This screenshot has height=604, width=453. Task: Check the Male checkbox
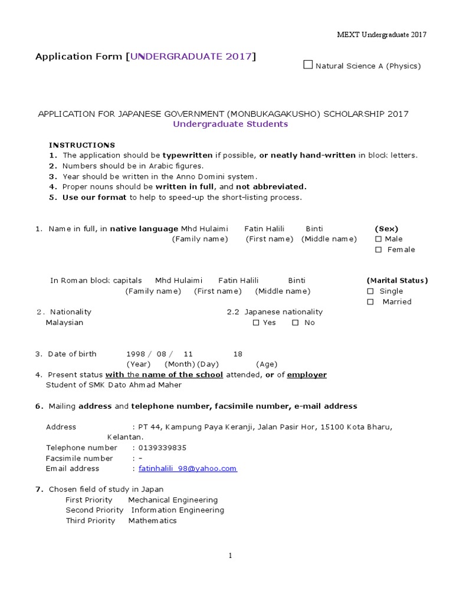tap(378, 239)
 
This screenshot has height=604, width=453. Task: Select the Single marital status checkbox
tap(370, 291)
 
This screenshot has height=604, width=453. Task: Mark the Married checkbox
tap(370, 302)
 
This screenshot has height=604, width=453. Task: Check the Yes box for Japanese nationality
tap(256, 323)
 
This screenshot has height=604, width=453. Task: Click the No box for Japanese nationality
tap(296, 323)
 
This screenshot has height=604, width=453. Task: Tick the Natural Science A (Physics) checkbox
tap(308, 65)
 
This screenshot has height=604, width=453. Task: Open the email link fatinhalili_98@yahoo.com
tap(188, 468)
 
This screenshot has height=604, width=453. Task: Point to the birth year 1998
tap(136, 354)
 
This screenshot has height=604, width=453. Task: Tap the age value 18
tap(238, 354)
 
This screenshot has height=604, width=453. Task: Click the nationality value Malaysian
tap(64, 323)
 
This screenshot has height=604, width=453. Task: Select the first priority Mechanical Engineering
tap(173, 500)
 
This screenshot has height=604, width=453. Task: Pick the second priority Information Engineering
tap(178, 510)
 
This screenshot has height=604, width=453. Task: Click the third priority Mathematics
tap(152, 521)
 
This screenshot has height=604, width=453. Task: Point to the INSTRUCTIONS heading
tap(82, 145)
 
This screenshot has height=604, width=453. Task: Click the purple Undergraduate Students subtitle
tap(230, 124)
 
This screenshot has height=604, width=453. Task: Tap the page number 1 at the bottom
tap(231, 556)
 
